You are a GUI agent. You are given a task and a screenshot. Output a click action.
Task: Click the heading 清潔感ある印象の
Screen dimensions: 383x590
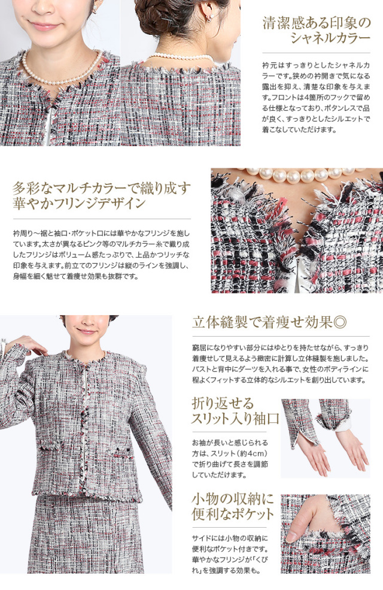[317, 23]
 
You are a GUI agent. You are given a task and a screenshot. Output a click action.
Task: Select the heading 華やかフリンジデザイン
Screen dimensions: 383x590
[79, 203]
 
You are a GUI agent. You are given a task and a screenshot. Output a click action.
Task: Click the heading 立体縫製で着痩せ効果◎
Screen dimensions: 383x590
[269, 323]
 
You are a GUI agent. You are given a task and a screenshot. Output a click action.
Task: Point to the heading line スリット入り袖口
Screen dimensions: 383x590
[235, 419]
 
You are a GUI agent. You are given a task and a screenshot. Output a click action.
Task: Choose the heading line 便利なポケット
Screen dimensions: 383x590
[233, 514]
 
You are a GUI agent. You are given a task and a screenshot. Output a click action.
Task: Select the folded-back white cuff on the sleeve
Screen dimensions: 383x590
[343, 425]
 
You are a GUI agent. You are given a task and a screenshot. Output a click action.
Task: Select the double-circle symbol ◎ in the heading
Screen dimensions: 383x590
[340, 323]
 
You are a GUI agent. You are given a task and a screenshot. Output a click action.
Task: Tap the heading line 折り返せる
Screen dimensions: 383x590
[223, 403]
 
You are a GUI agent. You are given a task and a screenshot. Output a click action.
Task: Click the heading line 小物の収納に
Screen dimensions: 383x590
[233, 499]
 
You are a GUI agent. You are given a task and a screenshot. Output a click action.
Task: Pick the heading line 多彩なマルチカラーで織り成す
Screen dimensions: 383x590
[102, 187]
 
